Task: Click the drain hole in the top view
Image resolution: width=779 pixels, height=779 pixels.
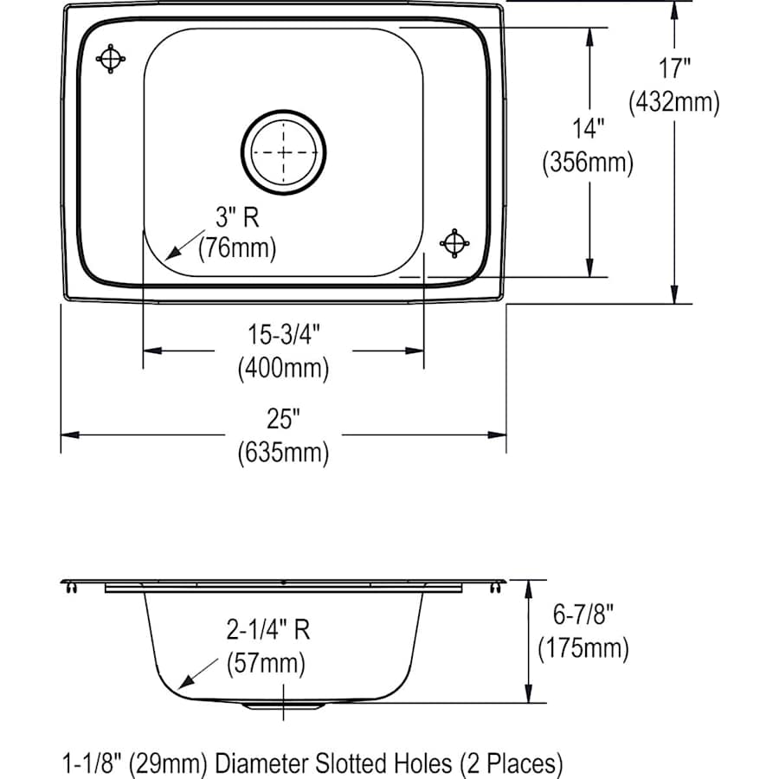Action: tap(285, 151)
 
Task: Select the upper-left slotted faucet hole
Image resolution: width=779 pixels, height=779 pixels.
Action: tap(111, 59)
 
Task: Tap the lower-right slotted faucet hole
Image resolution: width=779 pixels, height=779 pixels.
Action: tap(454, 243)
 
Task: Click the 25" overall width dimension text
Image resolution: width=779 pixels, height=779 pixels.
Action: tap(283, 420)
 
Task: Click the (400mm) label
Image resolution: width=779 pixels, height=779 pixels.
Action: tap(283, 369)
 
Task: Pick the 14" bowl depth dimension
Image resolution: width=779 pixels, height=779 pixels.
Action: tap(588, 129)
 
